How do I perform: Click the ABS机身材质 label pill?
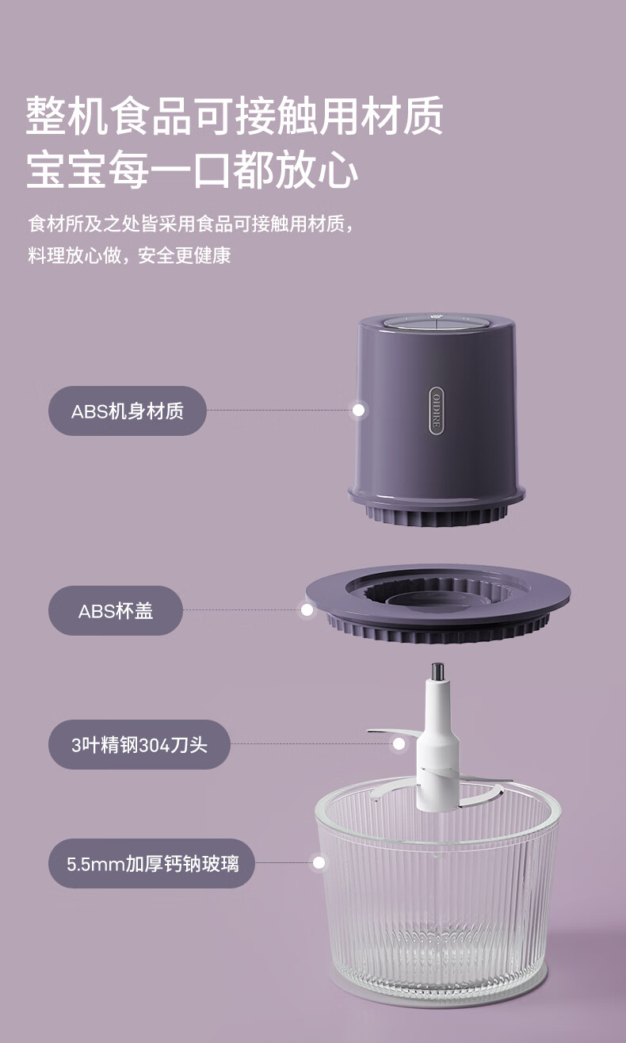[128, 411]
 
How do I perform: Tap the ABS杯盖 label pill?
[116, 611]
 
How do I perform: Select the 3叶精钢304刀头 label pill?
[139, 744]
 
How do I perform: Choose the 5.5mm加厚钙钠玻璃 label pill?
[151, 863]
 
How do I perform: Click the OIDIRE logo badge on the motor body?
[437, 410]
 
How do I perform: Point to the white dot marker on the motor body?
[358, 411]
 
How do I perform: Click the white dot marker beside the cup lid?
[307, 610]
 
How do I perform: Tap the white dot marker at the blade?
[399, 744]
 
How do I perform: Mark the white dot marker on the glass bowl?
[319, 862]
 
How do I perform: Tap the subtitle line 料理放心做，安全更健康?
[129, 256]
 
